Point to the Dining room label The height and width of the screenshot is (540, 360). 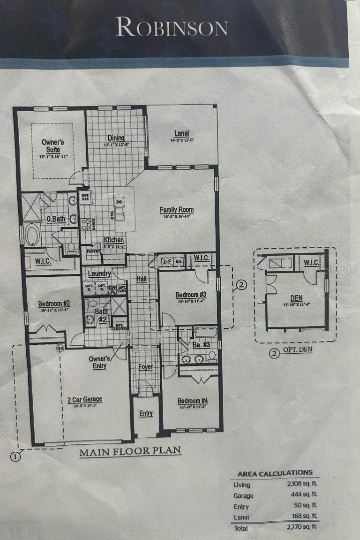(x=116, y=138)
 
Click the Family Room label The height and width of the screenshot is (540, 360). (x=176, y=210)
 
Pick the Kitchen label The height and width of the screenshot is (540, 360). (x=114, y=240)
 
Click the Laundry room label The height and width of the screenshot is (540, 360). (x=99, y=274)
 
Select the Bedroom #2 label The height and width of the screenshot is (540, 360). (x=54, y=304)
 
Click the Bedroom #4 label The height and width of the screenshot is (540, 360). (x=192, y=401)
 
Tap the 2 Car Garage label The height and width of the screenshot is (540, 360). (x=84, y=400)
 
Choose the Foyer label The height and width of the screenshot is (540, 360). (x=145, y=366)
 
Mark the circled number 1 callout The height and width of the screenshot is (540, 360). (x=16, y=456)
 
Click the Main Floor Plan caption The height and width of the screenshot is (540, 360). (x=130, y=452)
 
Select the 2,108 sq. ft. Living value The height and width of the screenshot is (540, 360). (x=303, y=484)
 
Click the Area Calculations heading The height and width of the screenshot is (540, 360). (x=275, y=473)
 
